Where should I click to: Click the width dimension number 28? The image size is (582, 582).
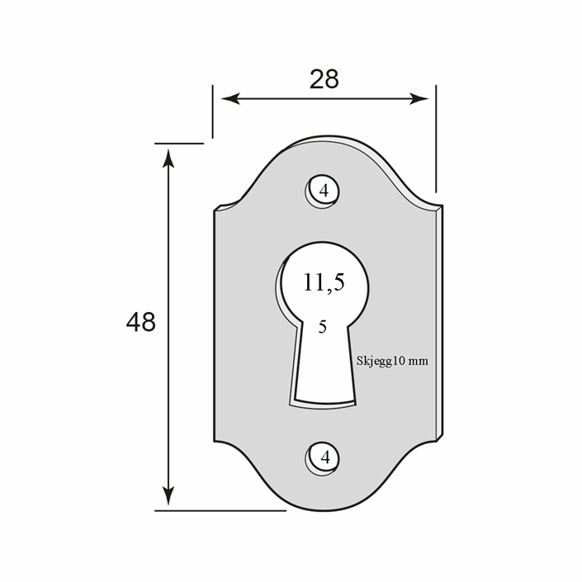[324, 79]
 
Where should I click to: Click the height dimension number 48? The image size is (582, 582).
[140, 322]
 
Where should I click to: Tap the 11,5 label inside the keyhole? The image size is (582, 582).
[324, 282]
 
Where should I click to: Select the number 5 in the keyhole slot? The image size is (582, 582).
[323, 327]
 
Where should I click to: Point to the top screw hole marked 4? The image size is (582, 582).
[323, 192]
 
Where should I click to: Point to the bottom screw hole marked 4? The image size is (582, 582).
[323, 459]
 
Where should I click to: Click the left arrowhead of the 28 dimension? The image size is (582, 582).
[230, 99]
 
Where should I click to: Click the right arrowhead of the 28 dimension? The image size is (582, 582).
[419, 99]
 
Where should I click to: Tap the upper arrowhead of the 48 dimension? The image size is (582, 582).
[168, 159]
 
